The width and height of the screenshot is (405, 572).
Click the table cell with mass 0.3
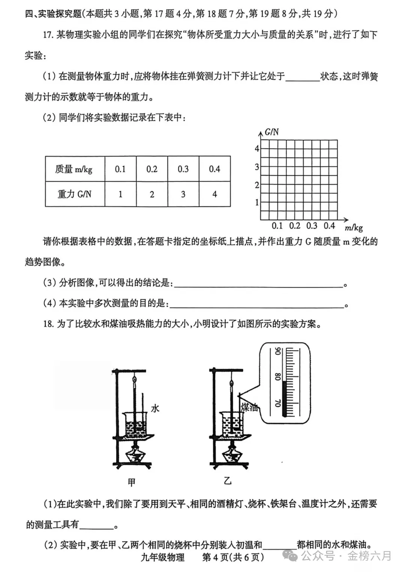pyautogui.click(x=183, y=169)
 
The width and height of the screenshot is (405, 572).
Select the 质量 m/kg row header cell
pyautogui.click(x=75, y=169)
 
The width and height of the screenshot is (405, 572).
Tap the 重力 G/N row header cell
pyautogui.click(x=75, y=194)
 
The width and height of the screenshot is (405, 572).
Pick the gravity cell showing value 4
pyautogui.click(x=214, y=194)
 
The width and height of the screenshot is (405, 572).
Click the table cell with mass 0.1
pyautogui.click(x=120, y=169)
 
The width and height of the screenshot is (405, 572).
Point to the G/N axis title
pyautogui.click(x=271, y=132)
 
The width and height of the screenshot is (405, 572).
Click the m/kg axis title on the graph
pyautogui.click(x=354, y=227)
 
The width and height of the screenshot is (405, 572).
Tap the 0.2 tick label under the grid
pyautogui.click(x=295, y=226)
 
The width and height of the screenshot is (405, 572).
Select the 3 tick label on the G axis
pyautogui.click(x=257, y=167)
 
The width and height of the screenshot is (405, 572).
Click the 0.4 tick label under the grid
pyautogui.click(x=329, y=226)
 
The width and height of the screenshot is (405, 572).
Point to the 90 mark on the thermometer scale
pyautogui.click(x=278, y=351)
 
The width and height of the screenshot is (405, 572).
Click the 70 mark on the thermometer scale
pyautogui.click(x=278, y=403)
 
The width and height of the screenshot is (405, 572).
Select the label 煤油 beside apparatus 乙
pyautogui.click(x=249, y=407)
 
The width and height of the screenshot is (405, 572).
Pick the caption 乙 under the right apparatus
pyautogui.click(x=228, y=481)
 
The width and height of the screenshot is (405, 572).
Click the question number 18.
pyautogui.click(x=48, y=324)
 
